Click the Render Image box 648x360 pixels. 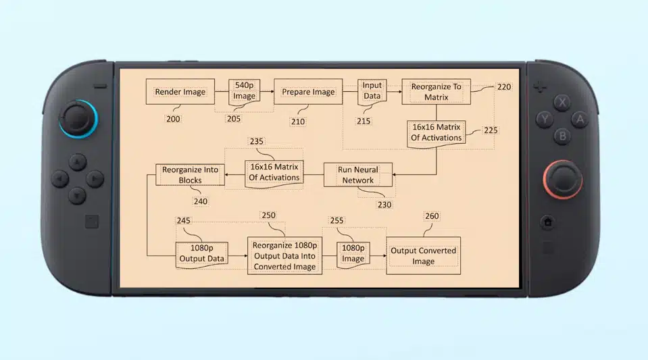point(180,92)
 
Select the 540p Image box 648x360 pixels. point(244,91)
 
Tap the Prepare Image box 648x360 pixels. point(308,92)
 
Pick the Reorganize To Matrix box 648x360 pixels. point(436,92)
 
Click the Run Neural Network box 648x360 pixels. point(358,175)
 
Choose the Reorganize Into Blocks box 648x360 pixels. point(190,175)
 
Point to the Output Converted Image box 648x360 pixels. point(423,256)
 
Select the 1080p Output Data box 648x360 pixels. point(201,254)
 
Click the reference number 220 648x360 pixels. point(504,87)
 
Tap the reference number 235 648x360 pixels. point(256,141)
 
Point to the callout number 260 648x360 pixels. point(432,216)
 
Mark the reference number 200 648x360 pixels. point(173,119)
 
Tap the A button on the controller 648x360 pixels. point(580,120)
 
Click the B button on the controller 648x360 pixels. point(562,136)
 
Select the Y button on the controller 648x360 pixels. point(545,120)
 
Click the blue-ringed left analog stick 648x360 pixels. point(78,119)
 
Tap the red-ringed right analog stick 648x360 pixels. point(563,180)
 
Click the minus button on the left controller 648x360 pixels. point(100,86)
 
